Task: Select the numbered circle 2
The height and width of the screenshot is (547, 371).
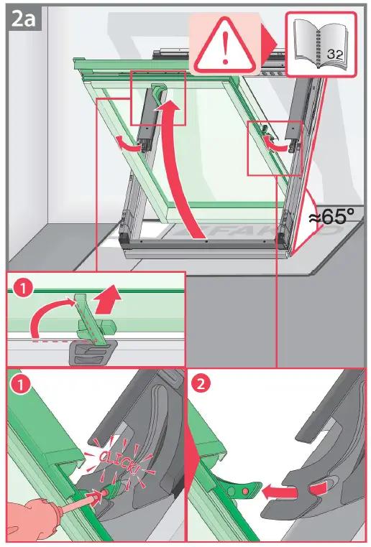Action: coord(203,384)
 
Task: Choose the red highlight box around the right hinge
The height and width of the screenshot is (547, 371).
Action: coord(275,148)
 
